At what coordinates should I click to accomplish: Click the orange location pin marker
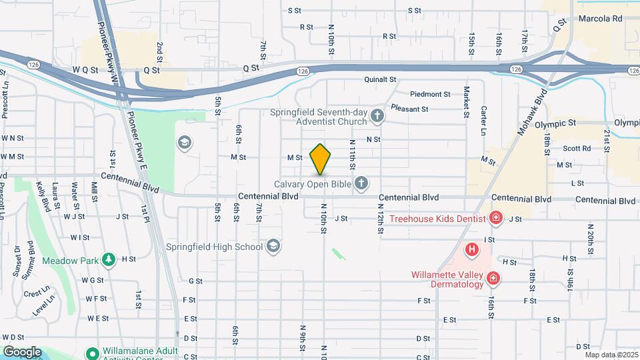point(321,159)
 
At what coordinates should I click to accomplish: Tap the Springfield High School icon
point(272,247)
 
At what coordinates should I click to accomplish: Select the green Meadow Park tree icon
point(108,259)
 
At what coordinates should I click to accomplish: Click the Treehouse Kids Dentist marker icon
point(495,217)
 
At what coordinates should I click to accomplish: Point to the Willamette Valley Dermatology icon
point(493,278)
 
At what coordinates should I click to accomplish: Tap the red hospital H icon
point(472,250)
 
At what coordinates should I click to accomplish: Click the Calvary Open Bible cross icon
point(361,183)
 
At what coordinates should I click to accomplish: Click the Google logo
point(21,352)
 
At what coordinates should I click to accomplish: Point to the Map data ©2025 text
point(611,355)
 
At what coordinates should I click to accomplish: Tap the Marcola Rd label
point(600,19)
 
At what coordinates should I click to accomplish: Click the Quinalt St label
point(380,79)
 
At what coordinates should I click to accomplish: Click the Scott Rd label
point(577,149)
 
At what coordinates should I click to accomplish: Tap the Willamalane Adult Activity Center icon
point(93,352)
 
